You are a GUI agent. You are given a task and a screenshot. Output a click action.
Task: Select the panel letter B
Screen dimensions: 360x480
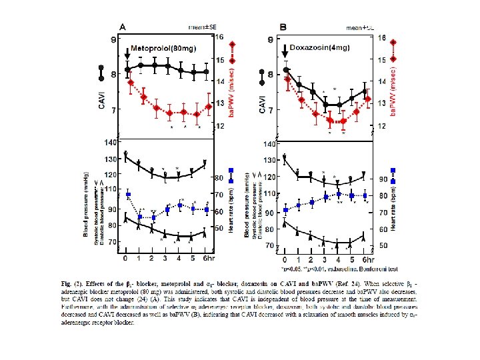284,27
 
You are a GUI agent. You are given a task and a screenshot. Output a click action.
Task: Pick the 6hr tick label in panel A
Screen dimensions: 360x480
209,258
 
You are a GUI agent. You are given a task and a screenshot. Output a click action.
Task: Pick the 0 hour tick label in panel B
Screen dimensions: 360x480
285,259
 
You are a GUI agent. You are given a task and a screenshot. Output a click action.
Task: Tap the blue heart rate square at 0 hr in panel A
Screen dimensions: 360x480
128,195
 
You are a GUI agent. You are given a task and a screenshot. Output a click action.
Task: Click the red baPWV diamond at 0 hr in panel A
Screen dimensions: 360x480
131,83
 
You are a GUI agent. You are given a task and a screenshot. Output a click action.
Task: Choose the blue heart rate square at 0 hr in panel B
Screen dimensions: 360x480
286,210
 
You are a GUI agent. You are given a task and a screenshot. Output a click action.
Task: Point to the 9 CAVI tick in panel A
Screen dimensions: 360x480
113,40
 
